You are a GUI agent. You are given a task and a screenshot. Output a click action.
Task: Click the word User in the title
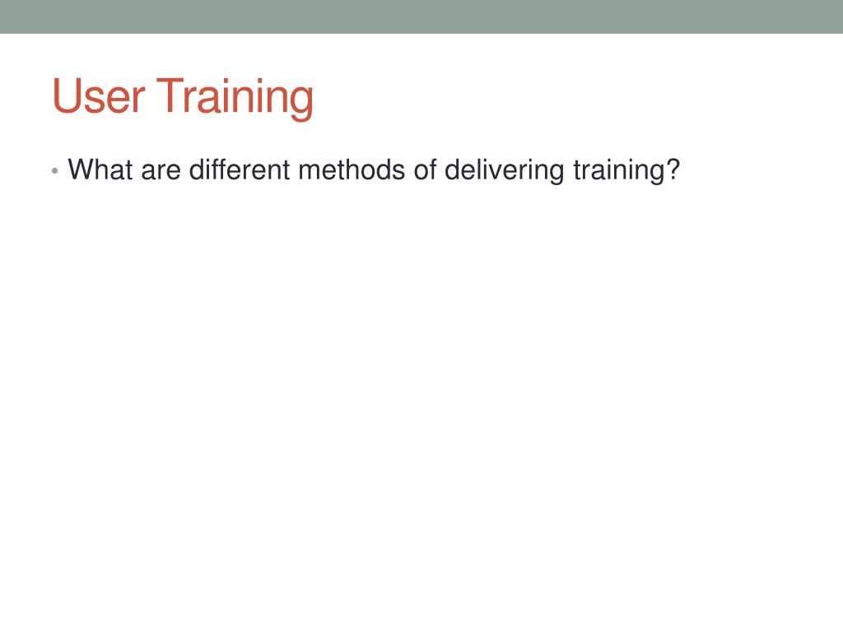tap(99, 96)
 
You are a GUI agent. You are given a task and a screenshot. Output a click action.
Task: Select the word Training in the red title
tap(235, 99)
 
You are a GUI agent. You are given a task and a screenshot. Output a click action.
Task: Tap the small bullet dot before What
tap(54, 171)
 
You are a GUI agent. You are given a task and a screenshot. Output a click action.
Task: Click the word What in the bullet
tap(100, 170)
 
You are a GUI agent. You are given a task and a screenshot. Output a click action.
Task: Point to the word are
tap(161, 171)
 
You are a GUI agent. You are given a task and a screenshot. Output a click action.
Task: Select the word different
tap(240, 170)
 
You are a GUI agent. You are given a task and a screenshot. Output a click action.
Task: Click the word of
tap(426, 170)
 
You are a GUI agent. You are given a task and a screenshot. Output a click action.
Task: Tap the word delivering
tap(505, 171)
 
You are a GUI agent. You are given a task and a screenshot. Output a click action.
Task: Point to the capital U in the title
tap(66, 96)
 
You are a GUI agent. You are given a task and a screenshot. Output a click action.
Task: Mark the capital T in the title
tap(170, 95)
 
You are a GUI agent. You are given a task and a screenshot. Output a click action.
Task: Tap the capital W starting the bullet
tap(82, 170)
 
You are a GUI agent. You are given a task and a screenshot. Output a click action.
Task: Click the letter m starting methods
tap(310, 171)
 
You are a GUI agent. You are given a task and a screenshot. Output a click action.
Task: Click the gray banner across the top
tap(421, 16)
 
